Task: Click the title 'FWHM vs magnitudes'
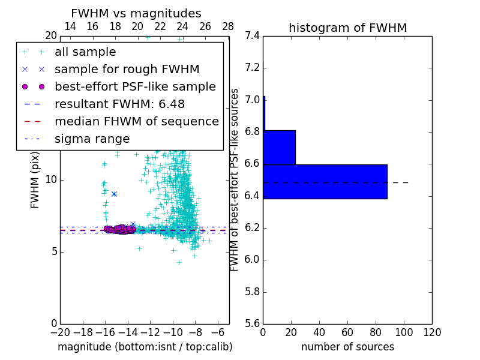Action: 136,14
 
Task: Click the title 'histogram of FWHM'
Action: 347,28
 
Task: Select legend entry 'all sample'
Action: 85,52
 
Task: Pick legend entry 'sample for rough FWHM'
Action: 127,70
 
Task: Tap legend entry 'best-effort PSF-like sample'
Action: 135,87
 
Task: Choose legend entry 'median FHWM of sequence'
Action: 136,122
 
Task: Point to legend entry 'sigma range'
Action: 92,139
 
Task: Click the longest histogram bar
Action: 325,181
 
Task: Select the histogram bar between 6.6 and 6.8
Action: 279,147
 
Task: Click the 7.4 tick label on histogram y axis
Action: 252,35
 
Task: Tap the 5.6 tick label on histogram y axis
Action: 252,324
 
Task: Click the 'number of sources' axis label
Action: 347,347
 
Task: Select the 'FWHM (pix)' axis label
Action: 35,179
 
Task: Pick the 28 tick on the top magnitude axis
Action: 228,26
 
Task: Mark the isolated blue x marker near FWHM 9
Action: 114,194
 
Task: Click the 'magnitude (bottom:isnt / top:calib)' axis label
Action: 145,347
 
